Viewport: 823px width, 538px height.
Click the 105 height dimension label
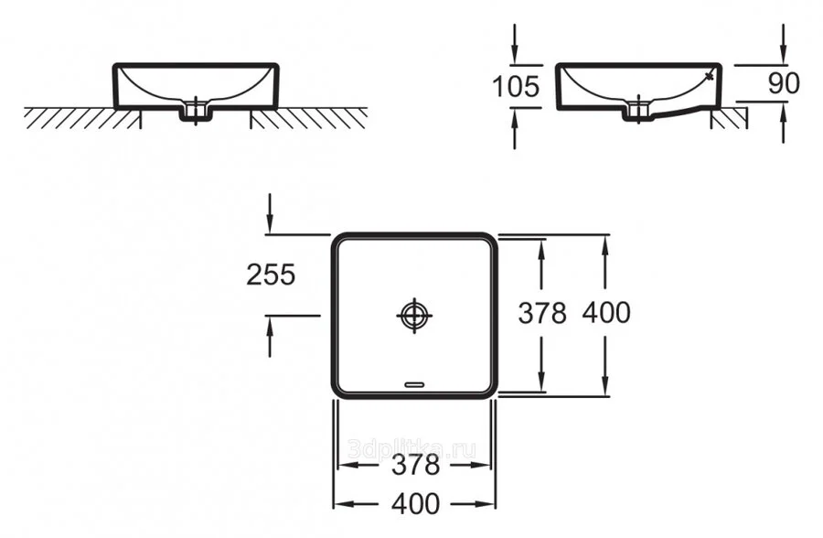coord(516,86)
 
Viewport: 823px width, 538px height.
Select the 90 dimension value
coord(784,83)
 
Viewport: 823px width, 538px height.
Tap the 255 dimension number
coord(271,274)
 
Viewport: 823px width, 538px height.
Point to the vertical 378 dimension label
coord(542,313)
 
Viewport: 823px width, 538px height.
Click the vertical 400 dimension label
coord(605,313)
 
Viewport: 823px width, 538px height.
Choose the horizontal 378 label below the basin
coord(415,465)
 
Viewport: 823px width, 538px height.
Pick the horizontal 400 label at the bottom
coord(415,503)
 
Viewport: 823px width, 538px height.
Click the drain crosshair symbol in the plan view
coord(414,315)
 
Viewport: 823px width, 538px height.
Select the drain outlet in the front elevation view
coord(195,111)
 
